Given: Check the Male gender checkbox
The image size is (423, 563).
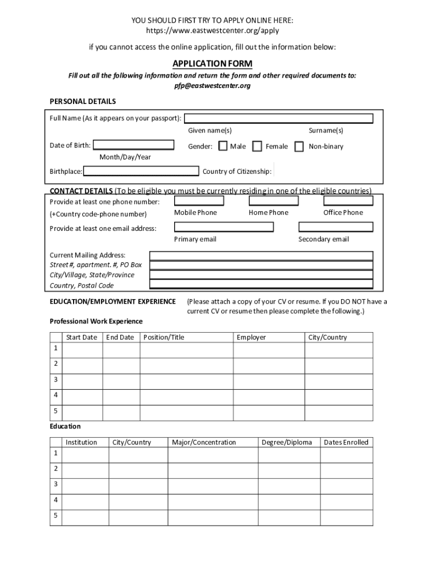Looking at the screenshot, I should pos(223,146).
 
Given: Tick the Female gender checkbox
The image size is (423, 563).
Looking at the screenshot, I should pos(257,146).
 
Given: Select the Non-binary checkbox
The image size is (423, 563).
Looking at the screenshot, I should pos(299,146).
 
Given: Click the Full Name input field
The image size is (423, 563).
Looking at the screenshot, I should pos(279,118).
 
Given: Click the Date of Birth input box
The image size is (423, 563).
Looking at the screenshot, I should pos(133,145).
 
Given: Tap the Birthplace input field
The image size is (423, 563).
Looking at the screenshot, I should pos(141,171).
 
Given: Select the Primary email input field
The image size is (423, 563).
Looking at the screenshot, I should pos(224,227).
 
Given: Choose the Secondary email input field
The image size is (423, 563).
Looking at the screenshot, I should pos(336,227).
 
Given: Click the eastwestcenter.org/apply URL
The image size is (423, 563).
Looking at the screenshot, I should pos(212,31).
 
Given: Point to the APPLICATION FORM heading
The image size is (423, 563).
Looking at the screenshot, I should pos(212,64).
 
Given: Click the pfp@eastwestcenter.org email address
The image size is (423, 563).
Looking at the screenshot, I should pos(212,86).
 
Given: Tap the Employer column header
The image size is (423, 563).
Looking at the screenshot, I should pos(251,338).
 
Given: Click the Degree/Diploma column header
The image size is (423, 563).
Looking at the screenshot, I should pos(286,443).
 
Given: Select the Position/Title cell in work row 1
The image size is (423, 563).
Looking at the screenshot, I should pos(187,350).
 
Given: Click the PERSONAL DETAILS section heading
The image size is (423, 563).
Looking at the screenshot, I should pos(82,102).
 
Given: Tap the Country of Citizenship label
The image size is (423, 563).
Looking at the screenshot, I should pos(237,172).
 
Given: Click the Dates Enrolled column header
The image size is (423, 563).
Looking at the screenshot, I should pos(346,443).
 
